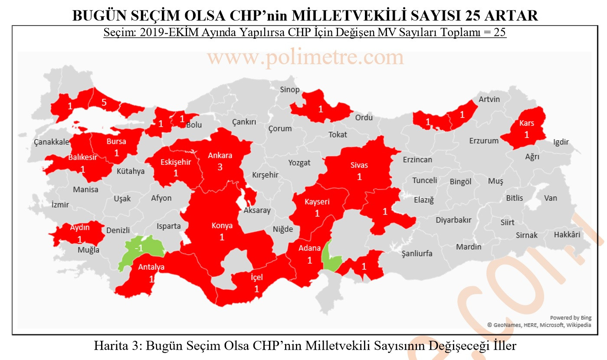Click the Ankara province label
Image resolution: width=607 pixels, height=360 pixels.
pyautogui.click(x=220, y=155)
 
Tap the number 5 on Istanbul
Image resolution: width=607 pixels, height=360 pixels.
pyautogui.click(x=104, y=102)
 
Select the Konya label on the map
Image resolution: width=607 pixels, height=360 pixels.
pyautogui.click(x=222, y=226)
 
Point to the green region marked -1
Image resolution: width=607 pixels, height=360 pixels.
pyautogui.click(x=139, y=248)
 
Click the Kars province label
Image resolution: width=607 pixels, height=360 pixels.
pyautogui.click(x=527, y=124)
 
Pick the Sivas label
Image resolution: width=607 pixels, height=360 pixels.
pyautogui.click(x=359, y=165)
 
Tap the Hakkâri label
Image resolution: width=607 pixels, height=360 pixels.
pyautogui.click(x=567, y=235)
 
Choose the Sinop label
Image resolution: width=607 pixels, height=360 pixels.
pyautogui.click(x=290, y=90)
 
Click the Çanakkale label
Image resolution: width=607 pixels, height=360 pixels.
pyautogui.click(x=51, y=142)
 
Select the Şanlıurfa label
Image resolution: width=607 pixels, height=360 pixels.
pyautogui.click(x=417, y=253)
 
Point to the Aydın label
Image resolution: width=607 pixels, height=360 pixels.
pyautogui.click(x=80, y=227)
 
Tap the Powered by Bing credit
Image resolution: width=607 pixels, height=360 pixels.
pyautogui.click(x=571, y=317)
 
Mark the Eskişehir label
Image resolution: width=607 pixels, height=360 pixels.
pyautogui.click(x=176, y=163)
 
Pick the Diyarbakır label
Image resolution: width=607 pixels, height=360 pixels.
pyautogui.click(x=453, y=220)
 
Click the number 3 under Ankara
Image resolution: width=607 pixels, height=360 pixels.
pyautogui.click(x=220, y=167)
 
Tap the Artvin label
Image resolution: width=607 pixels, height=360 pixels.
pyautogui.click(x=489, y=99)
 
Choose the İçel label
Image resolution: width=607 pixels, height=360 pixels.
pyautogui.click(x=256, y=278)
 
